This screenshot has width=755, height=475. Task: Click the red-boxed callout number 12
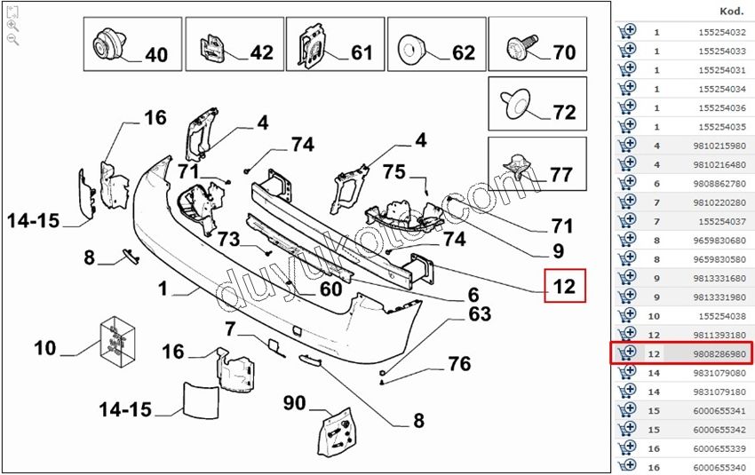(x=565, y=287)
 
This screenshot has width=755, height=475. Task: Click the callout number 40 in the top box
(x=155, y=55)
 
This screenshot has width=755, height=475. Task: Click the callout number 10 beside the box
(x=45, y=348)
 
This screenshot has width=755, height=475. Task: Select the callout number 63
(x=479, y=313)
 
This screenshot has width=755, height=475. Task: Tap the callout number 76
(x=458, y=363)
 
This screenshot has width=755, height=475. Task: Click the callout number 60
(x=330, y=289)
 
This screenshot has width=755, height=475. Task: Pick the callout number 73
(x=229, y=239)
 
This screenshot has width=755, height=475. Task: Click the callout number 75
(x=393, y=172)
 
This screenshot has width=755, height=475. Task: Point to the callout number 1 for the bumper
(x=163, y=289)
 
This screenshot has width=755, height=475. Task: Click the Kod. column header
(x=732, y=12)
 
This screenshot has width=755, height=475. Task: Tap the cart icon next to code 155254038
(x=626, y=315)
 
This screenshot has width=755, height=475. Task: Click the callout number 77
(x=560, y=175)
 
